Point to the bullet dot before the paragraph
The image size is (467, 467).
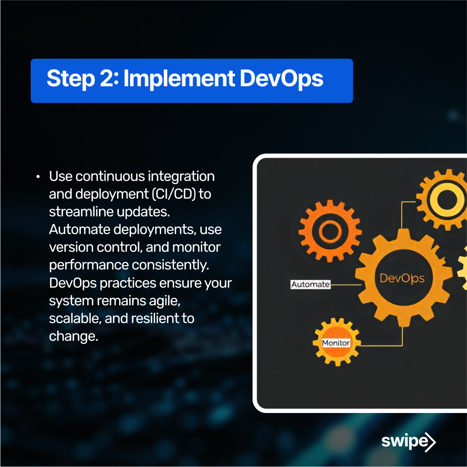click(38, 177)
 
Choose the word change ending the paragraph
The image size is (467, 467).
click(73, 336)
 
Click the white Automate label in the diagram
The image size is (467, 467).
click(310, 285)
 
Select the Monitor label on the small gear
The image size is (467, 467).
click(336, 343)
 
